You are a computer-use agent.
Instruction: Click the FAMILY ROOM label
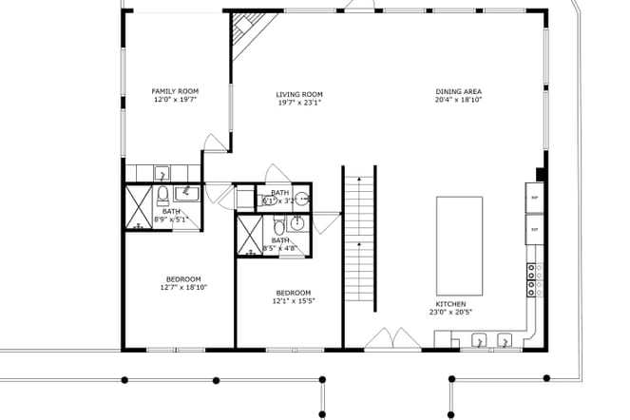(x=168, y=91)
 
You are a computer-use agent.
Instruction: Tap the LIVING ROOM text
(x=299, y=94)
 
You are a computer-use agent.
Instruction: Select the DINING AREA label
(x=459, y=91)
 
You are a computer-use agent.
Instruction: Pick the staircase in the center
(x=360, y=238)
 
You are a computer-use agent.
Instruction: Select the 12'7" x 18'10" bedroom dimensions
(x=181, y=286)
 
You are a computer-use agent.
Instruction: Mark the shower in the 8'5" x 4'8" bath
(x=250, y=235)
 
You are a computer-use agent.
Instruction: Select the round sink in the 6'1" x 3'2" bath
(x=302, y=200)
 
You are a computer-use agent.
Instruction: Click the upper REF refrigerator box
(x=534, y=199)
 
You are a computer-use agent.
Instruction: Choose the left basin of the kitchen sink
(x=480, y=339)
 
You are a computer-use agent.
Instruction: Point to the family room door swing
(x=216, y=143)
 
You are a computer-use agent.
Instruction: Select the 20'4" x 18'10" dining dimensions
(x=459, y=100)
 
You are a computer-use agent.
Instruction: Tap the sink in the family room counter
(x=162, y=173)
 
